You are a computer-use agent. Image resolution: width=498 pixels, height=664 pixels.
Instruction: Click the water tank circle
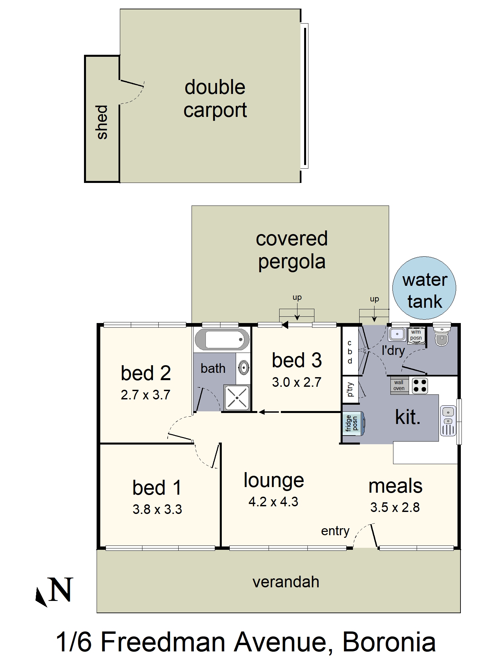[424, 288]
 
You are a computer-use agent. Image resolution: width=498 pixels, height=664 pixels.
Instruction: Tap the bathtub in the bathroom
[222, 340]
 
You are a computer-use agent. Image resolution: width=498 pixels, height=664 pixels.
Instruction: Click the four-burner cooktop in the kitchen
[420, 386]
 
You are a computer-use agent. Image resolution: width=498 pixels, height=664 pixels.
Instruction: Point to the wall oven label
[399, 385]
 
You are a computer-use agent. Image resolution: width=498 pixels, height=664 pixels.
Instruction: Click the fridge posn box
[353, 423]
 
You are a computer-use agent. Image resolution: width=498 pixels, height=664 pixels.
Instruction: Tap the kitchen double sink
[448, 421]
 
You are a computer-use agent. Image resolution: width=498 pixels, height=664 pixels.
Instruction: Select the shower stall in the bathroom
[237, 397]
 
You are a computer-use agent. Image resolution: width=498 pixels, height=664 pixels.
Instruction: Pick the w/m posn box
[416, 335]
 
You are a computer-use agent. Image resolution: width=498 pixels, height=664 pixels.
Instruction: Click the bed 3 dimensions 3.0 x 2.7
[296, 382]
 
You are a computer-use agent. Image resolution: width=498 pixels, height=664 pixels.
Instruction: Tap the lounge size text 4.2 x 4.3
[273, 502]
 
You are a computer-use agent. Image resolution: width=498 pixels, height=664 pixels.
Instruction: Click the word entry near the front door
[335, 531]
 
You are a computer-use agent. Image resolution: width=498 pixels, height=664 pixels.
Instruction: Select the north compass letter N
[60, 590]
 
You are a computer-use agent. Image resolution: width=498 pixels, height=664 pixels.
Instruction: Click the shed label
[102, 122]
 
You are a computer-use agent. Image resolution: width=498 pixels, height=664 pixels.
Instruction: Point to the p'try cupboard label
[350, 389]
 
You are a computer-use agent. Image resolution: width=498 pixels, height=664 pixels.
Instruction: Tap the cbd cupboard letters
[350, 352]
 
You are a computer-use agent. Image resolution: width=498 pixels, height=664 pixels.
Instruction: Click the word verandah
[286, 582]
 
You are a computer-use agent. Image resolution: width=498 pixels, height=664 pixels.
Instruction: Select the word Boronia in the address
[389, 642]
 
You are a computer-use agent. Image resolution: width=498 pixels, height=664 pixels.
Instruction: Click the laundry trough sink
[397, 334]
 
